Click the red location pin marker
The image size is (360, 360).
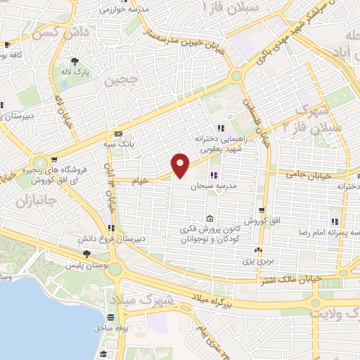[x=181, y=164]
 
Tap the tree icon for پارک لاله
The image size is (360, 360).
[x=75, y=61]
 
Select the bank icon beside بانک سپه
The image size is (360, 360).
[x=117, y=134]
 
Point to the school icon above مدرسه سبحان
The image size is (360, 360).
[x=213, y=175]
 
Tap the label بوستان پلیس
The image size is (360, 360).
[x=87, y=266]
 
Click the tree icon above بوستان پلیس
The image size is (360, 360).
[x=86, y=254]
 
